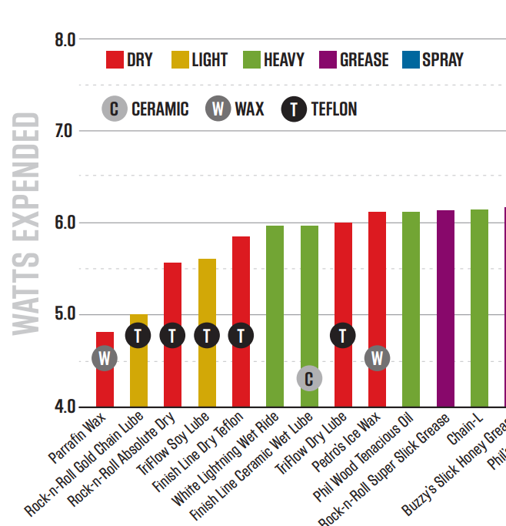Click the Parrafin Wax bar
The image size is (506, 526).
[x=105, y=385]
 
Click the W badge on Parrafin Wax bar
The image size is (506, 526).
[x=105, y=358]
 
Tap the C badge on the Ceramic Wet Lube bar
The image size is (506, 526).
[x=309, y=378]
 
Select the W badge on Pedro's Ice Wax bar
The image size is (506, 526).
[x=377, y=358]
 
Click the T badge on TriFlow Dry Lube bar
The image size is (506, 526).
[x=343, y=336]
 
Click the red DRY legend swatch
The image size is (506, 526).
[x=115, y=60]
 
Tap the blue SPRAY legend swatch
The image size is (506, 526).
[x=410, y=60]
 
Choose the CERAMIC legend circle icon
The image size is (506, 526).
[x=114, y=109]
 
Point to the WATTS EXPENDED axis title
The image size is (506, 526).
[x=26, y=223]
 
